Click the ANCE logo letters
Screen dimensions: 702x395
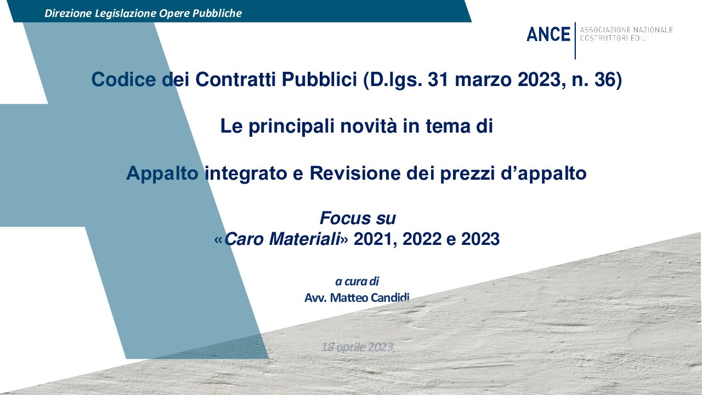(x=548, y=34)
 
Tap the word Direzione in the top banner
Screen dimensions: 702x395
(x=68, y=13)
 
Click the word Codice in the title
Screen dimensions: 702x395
(x=123, y=79)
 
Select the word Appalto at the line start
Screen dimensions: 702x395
(x=162, y=174)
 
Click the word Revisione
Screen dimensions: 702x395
(x=355, y=173)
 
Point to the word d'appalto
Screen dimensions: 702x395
(x=544, y=174)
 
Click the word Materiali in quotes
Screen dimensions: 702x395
(x=305, y=239)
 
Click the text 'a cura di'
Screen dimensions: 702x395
(x=357, y=282)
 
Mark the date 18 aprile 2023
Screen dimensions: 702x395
(x=357, y=347)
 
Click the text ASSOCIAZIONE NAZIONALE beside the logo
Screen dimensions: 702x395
(x=626, y=30)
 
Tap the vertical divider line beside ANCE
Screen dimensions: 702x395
(x=575, y=41)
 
